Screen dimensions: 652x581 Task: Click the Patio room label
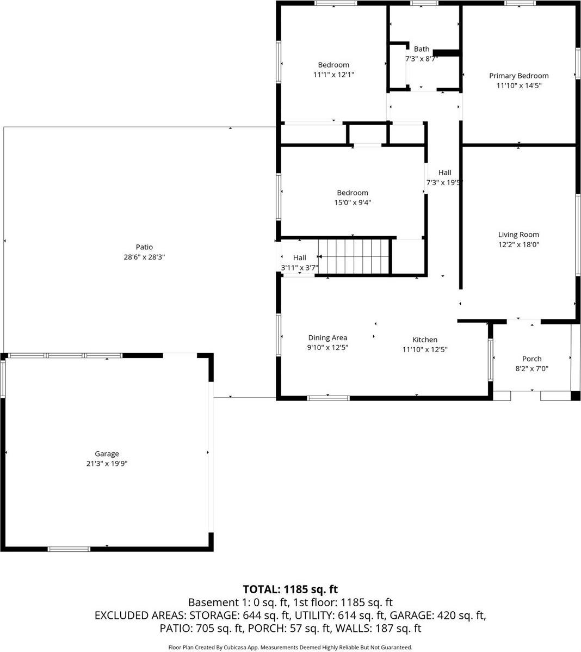click(x=144, y=247)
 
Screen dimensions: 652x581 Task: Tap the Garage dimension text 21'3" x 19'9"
click(x=107, y=464)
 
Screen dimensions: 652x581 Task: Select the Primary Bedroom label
click(x=518, y=76)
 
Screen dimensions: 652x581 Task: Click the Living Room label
click(x=518, y=235)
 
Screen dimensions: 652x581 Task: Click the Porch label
click(x=531, y=359)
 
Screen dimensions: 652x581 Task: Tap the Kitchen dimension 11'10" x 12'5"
click(x=424, y=350)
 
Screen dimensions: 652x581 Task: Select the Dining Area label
click(x=327, y=337)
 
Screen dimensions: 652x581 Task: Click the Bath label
click(x=421, y=49)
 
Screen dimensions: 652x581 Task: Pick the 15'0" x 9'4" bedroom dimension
click(x=353, y=202)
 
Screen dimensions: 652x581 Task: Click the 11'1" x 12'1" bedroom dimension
click(x=333, y=75)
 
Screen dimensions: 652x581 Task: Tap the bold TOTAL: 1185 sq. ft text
click(x=290, y=589)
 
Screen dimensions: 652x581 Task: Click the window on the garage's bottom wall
click(x=69, y=549)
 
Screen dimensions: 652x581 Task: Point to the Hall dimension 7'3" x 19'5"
click(x=444, y=183)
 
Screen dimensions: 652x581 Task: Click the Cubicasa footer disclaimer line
click(x=290, y=647)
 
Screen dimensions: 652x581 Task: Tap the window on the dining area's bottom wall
click(x=328, y=398)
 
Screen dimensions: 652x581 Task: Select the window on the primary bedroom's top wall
click(x=520, y=4)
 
